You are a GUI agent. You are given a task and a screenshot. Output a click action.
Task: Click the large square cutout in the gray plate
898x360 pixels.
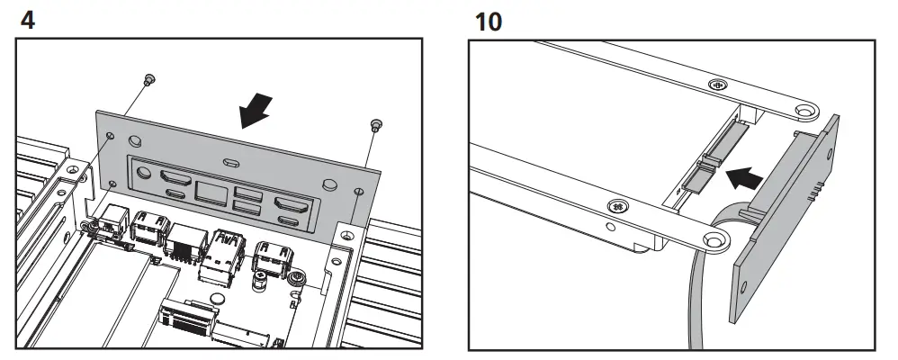209,191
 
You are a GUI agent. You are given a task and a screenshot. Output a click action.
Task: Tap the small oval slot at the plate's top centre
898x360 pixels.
231,163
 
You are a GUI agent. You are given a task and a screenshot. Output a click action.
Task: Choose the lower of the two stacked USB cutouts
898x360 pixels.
244,209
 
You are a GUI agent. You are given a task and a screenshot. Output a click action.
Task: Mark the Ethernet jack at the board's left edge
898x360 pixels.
115,220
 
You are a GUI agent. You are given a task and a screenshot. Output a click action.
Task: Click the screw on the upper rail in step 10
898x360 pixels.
716,85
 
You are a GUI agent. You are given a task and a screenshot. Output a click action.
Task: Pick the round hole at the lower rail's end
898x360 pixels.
715,239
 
